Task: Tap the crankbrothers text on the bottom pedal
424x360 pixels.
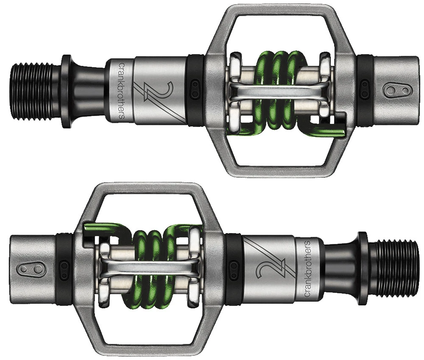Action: [x=307, y=269]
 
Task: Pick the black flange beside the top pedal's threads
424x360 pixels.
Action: [x=67, y=91]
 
